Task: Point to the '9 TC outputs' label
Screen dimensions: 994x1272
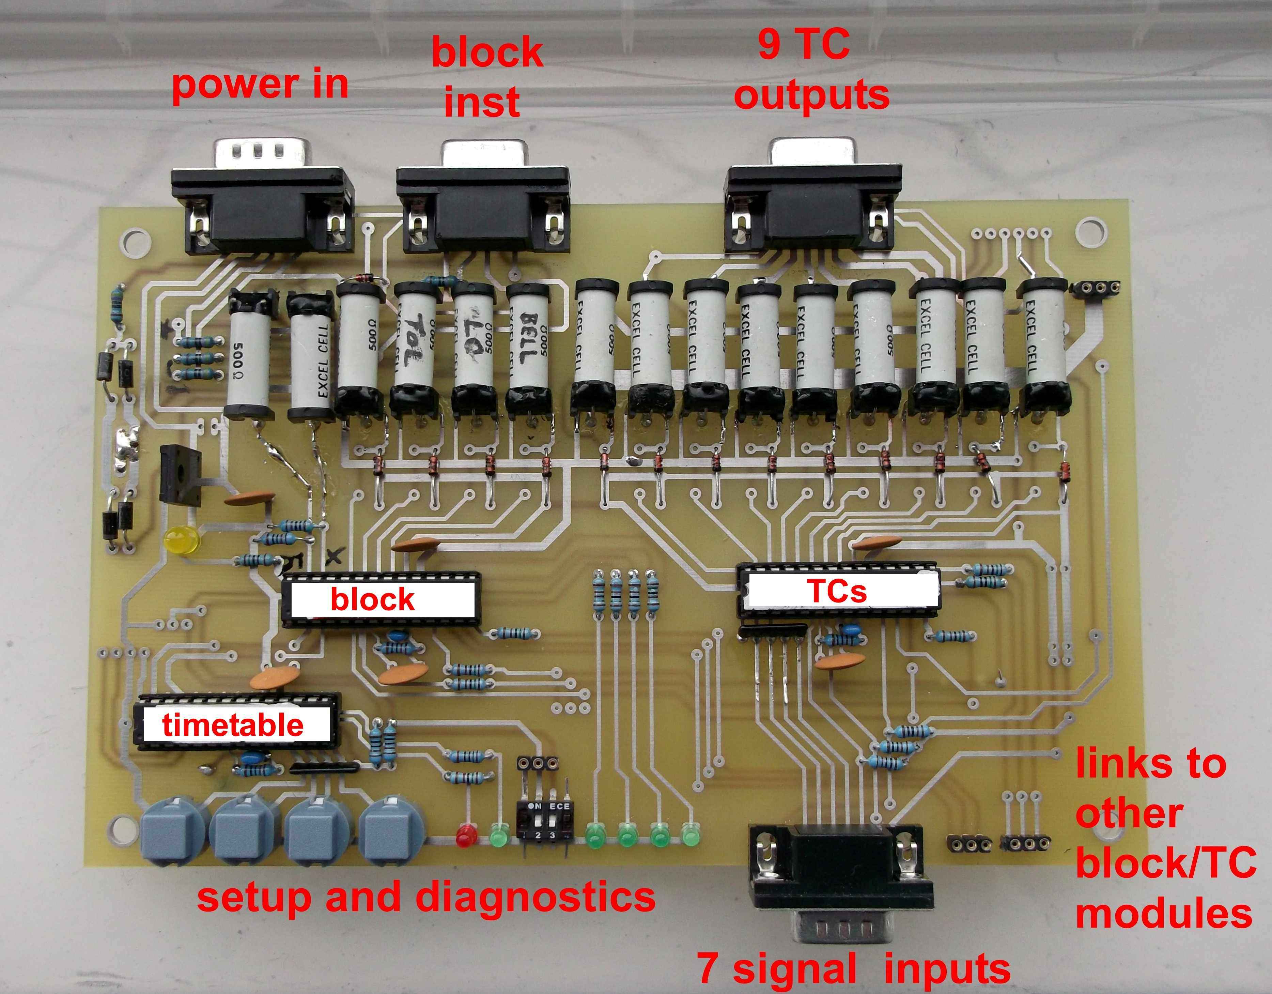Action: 811,70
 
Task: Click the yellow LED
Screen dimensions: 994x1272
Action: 182,541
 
